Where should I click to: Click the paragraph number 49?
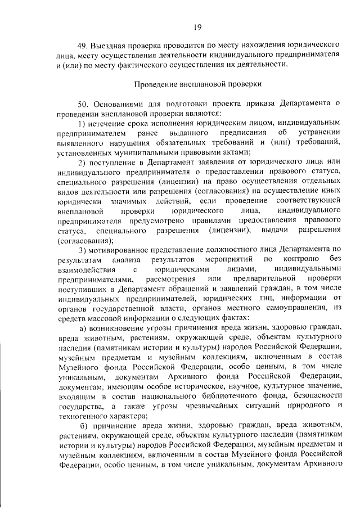click(83, 44)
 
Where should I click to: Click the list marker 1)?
click(82, 123)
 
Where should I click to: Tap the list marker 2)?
click(82, 162)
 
